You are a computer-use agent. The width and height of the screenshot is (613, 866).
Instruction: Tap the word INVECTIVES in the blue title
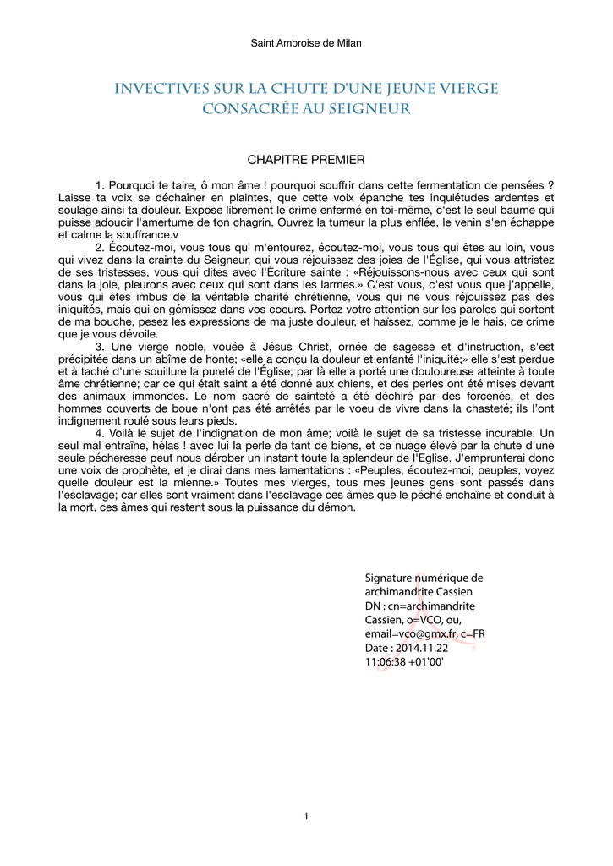point(160,89)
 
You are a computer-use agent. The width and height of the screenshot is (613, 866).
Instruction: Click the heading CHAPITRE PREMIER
point(306,160)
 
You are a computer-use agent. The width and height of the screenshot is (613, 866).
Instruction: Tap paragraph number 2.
point(100,247)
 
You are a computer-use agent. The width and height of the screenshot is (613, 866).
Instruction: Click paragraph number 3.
point(100,346)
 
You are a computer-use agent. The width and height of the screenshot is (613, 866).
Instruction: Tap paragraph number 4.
point(100,433)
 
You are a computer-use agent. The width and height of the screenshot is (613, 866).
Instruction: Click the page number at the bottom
point(306,816)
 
